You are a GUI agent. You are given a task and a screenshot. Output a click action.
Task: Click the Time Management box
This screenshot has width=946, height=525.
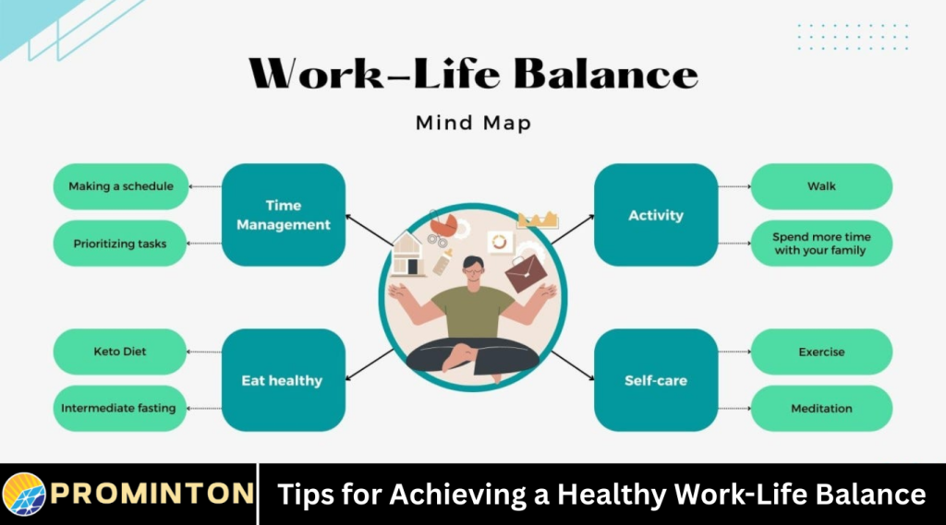(283, 215)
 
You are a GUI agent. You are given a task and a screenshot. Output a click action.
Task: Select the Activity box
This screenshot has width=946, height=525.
(656, 215)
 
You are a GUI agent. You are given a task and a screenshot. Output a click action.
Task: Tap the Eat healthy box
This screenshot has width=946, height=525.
(283, 380)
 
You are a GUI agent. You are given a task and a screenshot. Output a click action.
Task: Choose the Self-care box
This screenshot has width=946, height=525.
(656, 380)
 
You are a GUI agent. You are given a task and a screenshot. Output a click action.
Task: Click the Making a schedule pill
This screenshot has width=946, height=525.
(121, 186)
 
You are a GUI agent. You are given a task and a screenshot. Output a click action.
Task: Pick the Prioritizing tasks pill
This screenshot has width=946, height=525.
(121, 244)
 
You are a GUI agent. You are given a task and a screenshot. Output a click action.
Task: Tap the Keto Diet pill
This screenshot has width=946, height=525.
(121, 352)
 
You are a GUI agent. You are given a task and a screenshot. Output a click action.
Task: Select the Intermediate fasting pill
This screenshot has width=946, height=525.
(119, 408)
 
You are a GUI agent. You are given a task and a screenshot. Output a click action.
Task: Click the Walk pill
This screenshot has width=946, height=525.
(821, 186)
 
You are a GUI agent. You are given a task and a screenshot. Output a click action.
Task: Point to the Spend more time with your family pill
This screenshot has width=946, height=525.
(821, 244)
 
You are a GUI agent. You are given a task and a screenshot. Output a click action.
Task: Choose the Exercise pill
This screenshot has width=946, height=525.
(821, 352)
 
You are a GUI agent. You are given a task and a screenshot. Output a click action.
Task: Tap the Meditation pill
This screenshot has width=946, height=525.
(821, 408)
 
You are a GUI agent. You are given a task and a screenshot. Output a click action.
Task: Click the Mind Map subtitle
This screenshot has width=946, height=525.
(473, 122)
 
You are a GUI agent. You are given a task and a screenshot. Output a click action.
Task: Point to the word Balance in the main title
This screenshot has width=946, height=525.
(605, 73)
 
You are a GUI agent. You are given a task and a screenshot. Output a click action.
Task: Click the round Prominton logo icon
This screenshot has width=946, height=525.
(24, 495)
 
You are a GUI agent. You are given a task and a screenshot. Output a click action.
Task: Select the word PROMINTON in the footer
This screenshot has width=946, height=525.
(152, 495)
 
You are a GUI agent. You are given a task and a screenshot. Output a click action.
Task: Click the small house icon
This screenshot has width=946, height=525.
(406, 255)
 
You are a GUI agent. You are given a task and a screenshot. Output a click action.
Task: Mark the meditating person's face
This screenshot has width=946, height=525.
(472, 269)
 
